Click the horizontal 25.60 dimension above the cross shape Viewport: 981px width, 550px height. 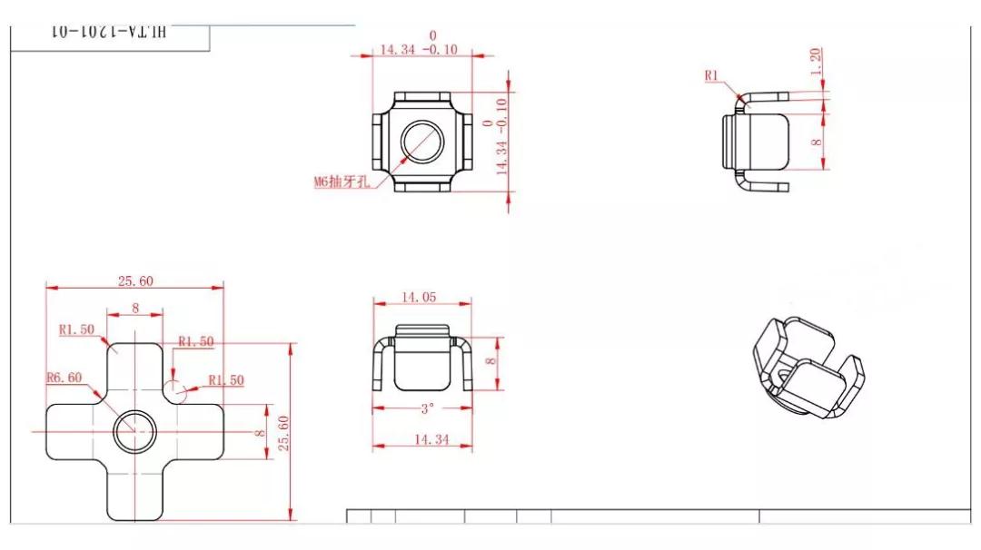coord(134,281)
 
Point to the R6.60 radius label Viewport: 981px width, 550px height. coord(64,378)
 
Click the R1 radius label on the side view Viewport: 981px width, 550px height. coord(712,76)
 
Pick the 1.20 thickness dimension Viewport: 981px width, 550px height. coord(815,61)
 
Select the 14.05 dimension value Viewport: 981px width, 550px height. coord(421,297)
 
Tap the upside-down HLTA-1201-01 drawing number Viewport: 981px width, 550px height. coord(110,32)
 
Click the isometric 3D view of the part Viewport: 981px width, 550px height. coord(808,368)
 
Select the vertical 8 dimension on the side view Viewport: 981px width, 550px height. coord(816,141)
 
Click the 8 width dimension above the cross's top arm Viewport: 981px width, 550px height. coord(135,309)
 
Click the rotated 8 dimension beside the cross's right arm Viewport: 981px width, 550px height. coord(260,434)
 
